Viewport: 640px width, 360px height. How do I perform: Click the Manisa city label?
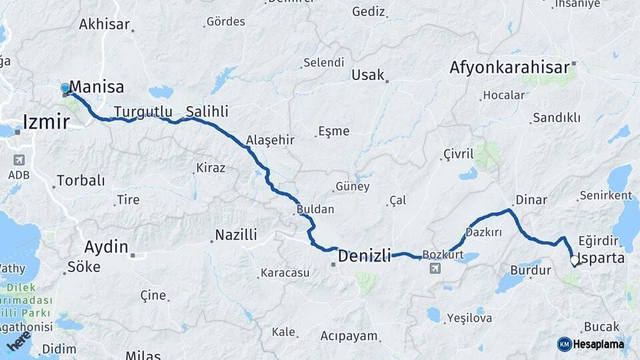click(x=97, y=87)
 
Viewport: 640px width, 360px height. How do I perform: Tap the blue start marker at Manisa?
click(x=65, y=88)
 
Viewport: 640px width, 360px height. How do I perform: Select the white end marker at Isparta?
click(x=573, y=261)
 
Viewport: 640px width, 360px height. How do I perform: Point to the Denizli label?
click(x=364, y=255)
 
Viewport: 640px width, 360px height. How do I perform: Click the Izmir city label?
click(x=46, y=122)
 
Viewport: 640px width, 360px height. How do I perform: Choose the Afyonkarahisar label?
click(x=509, y=67)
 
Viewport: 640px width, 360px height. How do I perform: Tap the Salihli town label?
click(x=207, y=111)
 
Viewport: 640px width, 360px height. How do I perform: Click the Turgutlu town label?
click(x=143, y=111)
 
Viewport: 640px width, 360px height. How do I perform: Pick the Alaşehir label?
click(x=270, y=140)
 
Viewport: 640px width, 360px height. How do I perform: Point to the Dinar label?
click(x=531, y=200)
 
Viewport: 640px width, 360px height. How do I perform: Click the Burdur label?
click(x=530, y=271)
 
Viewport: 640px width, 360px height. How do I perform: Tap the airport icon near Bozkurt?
click(x=435, y=268)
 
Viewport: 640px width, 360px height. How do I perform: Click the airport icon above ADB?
click(x=19, y=160)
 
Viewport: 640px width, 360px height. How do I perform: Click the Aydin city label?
click(x=106, y=247)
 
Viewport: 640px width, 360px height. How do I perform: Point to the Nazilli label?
click(x=235, y=235)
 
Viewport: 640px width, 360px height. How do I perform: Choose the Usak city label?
click(x=368, y=75)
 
